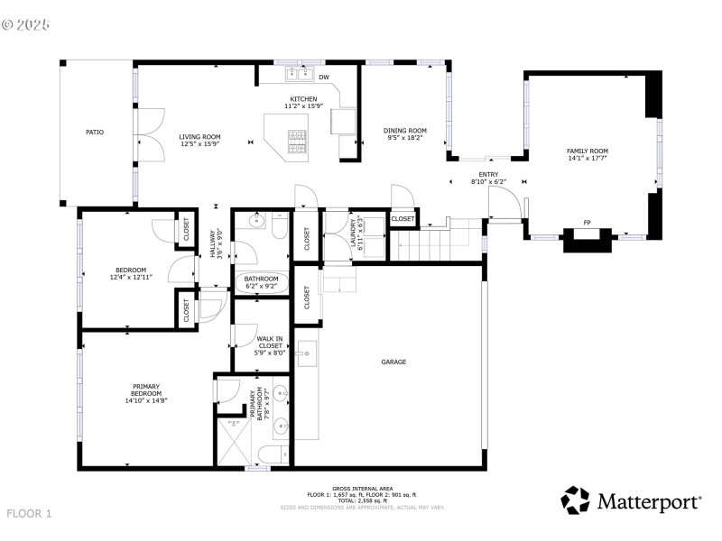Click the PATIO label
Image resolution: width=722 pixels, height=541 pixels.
click(95, 132)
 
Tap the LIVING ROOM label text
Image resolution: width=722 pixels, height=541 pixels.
click(200, 137)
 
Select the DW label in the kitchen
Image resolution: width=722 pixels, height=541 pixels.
click(323, 78)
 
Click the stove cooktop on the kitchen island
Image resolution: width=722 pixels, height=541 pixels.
click(297, 138)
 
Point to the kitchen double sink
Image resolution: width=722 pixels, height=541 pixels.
click(299, 73)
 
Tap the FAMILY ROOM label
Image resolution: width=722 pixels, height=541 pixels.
click(588, 151)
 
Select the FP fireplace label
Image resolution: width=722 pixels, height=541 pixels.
click(587, 223)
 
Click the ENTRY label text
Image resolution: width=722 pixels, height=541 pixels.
click(488, 175)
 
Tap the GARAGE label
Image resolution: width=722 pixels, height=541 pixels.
click(393, 362)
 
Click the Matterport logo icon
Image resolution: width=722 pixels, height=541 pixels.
click(575, 500)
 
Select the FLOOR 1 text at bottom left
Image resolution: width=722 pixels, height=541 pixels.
click(30, 513)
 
